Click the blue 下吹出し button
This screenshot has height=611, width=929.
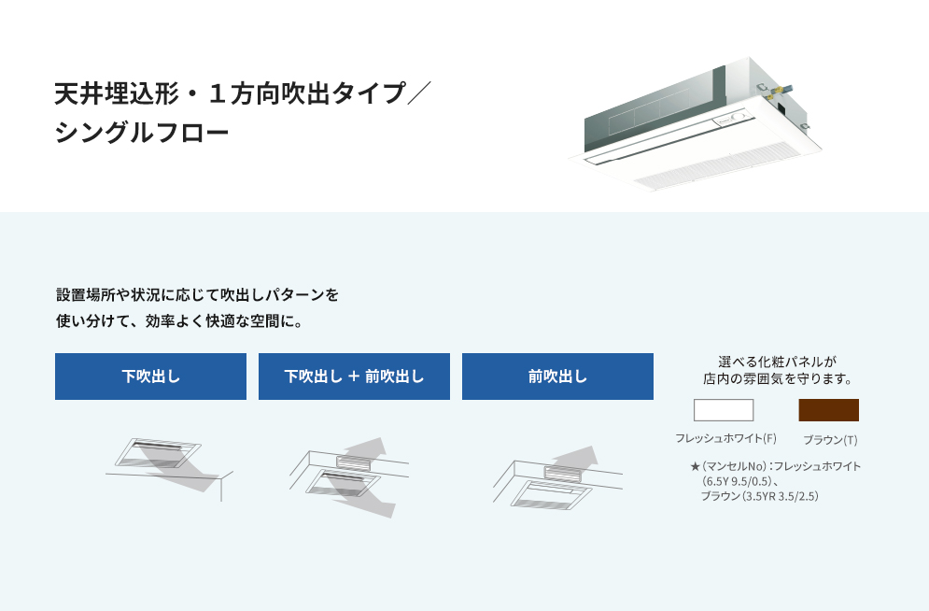[x=150, y=377]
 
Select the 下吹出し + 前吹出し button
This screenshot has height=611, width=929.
[x=354, y=377]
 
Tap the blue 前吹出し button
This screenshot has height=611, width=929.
[x=557, y=377]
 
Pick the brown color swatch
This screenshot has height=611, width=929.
[x=828, y=410]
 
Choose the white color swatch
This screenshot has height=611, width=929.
[x=724, y=410]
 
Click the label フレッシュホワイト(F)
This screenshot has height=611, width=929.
[x=725, y=438]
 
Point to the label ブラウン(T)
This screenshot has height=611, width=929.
[x=830, y=440]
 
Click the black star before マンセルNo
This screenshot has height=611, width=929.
[x=695, y=466]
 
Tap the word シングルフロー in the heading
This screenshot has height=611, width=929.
[x=142, y=132]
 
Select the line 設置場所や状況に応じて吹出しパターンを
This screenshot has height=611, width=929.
[x=197, y=294]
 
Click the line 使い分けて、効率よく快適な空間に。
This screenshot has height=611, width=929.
[x=179, y=321]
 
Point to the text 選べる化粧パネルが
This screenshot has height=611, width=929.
[x=777, y=362]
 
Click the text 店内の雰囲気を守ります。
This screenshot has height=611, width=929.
[x=777, y=378]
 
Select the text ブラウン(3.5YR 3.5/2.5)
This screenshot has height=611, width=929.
[x=760, y=496]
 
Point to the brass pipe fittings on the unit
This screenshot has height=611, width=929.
[x=775, y=91]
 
